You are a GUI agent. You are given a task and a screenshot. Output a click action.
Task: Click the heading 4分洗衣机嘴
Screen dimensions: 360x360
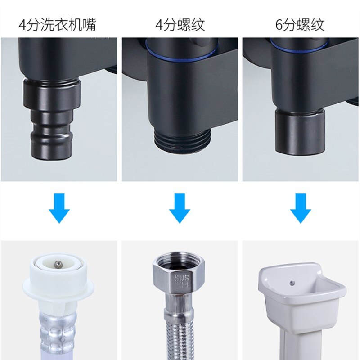tap(57, 24)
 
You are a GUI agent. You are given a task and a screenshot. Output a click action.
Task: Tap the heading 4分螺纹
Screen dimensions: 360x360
tap(180, 24)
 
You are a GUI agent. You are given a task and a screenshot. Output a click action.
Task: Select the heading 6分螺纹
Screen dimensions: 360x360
tap(300, 24)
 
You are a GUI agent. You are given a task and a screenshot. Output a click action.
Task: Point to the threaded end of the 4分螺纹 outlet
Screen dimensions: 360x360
tap(179, 137)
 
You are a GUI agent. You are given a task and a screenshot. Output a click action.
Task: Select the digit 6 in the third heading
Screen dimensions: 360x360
tap(280, 25)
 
